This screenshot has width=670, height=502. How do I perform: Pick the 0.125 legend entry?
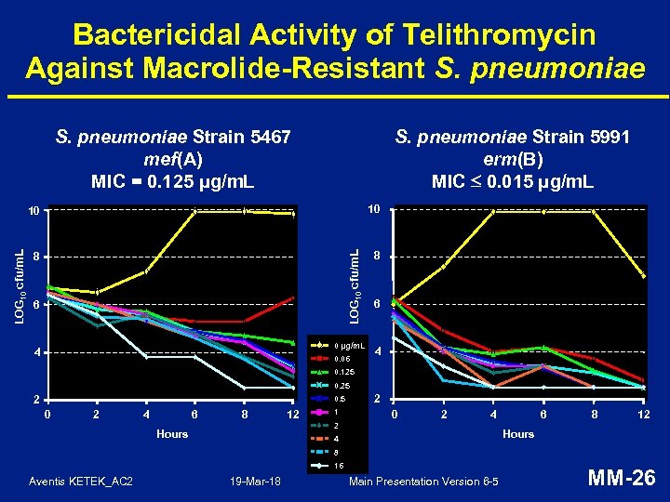(x=343, y=372)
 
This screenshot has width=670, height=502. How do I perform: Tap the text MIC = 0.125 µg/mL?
(x=174, y=180)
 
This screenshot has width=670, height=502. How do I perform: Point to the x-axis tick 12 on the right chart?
(x=643, y=415)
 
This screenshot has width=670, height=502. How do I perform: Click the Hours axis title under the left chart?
(x=172, y=434)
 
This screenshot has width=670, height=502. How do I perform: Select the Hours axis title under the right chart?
(x=518, y=434)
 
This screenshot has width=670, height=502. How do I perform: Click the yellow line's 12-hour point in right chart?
(x=643, y=276)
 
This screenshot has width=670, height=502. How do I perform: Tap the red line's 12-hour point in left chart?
(x=292, y=298)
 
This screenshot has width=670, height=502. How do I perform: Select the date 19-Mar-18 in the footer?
(x=256, y=481)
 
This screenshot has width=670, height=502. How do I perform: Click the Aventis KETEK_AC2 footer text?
(x=81, y=481)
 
